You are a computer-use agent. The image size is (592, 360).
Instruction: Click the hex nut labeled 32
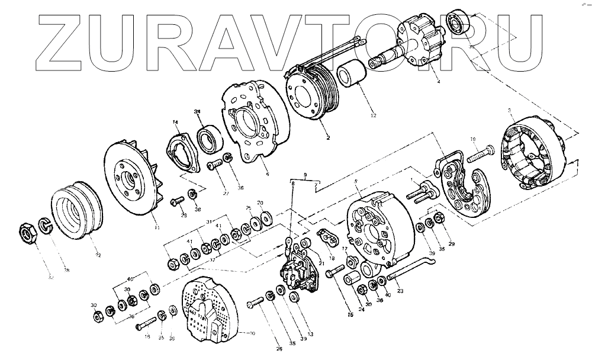pyautogui.click(x=28, y=232)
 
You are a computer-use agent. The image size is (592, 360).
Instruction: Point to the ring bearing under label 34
pyautogui.click(x=207, y=141)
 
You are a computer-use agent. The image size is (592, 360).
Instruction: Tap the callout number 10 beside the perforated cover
pyautogui.click(x=252, y=334)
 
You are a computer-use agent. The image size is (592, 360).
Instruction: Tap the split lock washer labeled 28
pyautogui.click(x=46, y=225)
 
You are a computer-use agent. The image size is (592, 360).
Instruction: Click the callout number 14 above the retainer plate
pyautogui.click(x=175, y=123)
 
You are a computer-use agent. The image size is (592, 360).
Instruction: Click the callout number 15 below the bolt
pyautogui.click(x=350, y=315)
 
